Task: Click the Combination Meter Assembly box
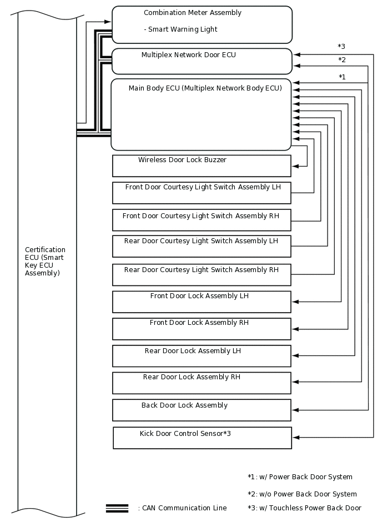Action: pos(202,24)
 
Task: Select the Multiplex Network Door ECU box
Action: pos(202,61)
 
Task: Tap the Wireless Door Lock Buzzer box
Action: pos(202,165)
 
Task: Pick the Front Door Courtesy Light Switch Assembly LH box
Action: pos(202,193)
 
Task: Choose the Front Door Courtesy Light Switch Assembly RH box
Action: pos(202,220)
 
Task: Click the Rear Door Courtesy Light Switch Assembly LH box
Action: pos(202,247)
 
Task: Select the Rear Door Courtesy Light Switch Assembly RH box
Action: pos(202,275)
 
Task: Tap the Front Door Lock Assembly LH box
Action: pos(202,302)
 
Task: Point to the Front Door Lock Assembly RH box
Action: pos(202,329)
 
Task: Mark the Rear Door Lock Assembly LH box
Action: pos(202,356)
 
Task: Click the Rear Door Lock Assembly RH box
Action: pos(202,383)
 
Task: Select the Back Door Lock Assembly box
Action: pos(202,410)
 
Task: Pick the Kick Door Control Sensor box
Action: pos(202,438)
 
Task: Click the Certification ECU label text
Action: pos(45,262)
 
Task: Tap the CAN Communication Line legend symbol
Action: pos(117,508)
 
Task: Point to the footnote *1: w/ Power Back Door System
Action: pos(300,477)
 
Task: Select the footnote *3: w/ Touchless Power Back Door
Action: pos(304,508)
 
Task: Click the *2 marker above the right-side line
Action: pos(342,60)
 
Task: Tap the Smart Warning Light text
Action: pos(180,29)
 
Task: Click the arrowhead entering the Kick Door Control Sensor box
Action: pos(295,438)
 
